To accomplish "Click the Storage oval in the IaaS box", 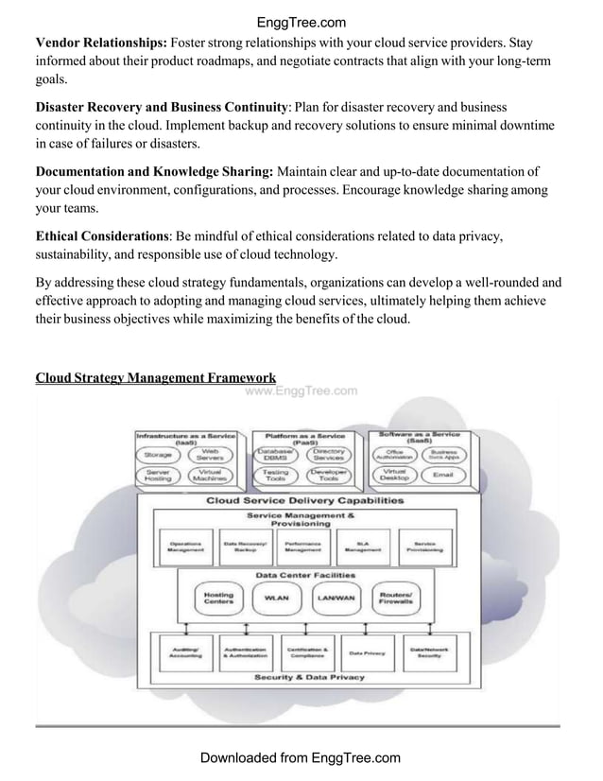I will coord(159,456).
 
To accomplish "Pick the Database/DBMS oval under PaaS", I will coord(276,456).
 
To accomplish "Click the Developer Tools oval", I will coord(328,476).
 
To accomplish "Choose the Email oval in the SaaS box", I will coord(442,476).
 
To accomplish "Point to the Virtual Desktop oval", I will coord(396,476).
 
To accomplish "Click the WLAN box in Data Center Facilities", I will coord(276,598).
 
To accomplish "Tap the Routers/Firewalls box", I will coord(395,598).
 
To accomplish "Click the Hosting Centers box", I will coord(218,598).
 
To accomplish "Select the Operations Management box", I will coord(184,547).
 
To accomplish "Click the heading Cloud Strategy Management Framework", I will coord(156,378).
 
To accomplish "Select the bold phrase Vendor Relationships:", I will coord(101,43).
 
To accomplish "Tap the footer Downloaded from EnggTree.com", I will coord(301,757).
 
